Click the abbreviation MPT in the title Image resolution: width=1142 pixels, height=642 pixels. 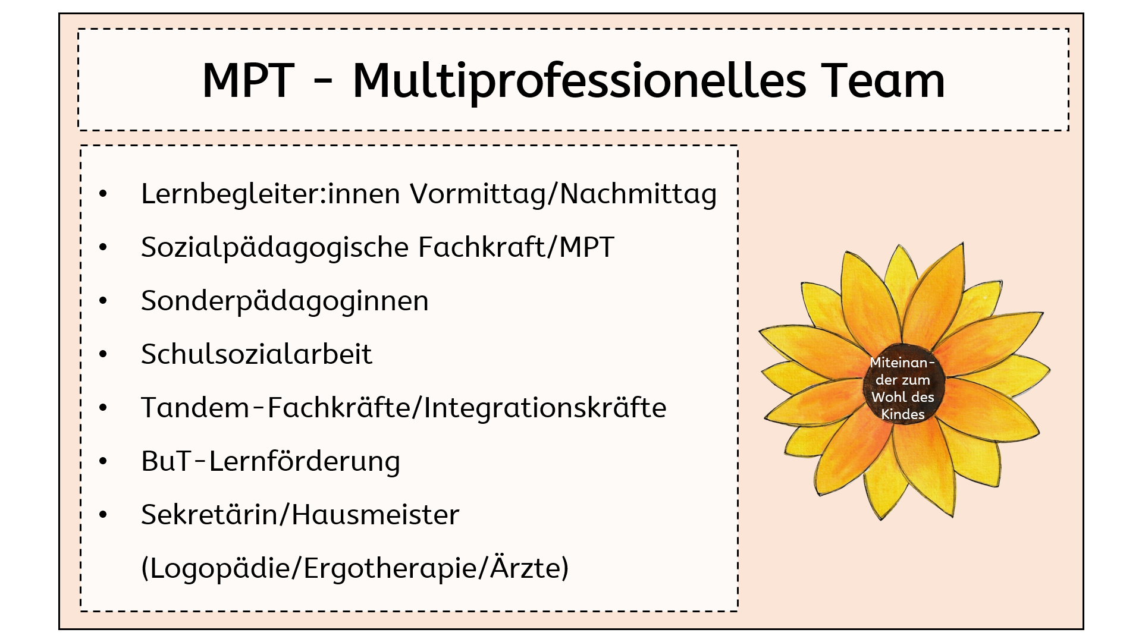(x=249, y=80)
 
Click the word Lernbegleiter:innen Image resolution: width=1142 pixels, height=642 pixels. (x=271, y=194)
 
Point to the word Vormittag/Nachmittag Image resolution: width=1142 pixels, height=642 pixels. (x=563, y=194)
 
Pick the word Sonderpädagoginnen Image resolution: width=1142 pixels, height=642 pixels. (x=285, y=301)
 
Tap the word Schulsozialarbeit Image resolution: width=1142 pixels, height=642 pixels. (x=257, y=354)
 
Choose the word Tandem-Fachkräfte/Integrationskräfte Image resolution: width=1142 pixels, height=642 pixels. (x=404, y=408)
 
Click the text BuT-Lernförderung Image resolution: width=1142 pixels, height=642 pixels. (x=271, y=461)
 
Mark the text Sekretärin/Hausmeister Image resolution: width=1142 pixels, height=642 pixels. (x=300, y=514)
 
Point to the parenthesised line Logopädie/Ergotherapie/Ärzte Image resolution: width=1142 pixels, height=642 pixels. (x=355, y=568)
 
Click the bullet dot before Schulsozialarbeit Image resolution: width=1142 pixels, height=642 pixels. (x=103, y=354)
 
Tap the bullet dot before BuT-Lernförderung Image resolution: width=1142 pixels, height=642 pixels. (x=103, y=461)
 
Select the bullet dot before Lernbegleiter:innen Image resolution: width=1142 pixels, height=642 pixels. (x=103, y=194)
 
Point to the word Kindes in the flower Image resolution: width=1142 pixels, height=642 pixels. (x=903, y=414)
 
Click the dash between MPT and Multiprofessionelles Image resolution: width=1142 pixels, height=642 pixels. (x=323, y=83)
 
